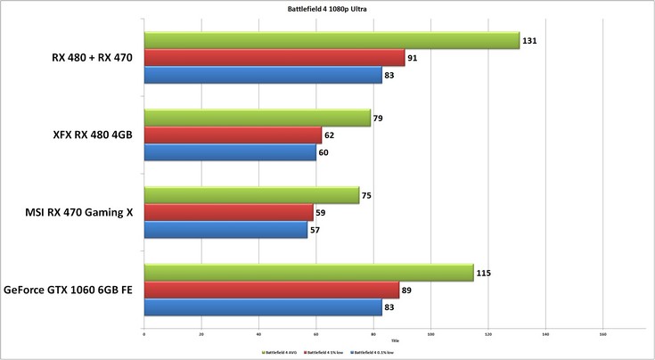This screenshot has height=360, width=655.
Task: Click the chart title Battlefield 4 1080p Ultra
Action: click(327, 9)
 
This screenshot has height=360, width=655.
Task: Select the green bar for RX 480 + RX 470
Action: click(331, 40)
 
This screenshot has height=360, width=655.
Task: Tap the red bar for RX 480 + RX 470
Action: click(274, 58)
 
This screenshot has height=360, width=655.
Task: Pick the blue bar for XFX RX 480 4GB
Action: click(230, 153)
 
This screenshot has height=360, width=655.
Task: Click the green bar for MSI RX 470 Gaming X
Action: click(251, 195)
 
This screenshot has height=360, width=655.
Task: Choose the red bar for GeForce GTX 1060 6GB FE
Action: click(271, 290)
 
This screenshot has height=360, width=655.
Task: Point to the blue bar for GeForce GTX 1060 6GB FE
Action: click(263, 307)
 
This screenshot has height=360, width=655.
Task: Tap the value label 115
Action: click(484, 273)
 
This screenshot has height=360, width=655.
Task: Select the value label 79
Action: click(379, 118)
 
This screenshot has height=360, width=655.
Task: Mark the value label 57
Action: click(315, 230)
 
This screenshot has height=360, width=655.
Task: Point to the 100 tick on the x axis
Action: click(430, 335)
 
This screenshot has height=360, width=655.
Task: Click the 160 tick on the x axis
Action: click(602, 335)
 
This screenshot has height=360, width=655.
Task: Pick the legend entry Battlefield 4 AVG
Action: click(280, 352)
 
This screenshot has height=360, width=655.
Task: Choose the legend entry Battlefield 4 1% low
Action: click(326, 352)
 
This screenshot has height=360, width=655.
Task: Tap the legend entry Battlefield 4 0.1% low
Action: click(373, 352)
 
